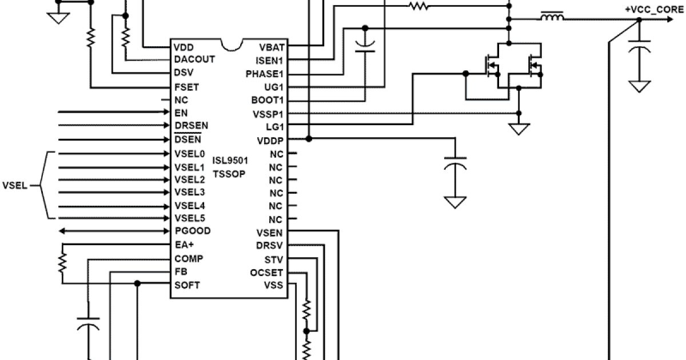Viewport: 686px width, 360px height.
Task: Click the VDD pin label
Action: (184, 47)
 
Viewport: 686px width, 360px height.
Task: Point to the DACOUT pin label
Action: (194, 59)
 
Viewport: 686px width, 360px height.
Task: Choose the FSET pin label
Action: (186, 87)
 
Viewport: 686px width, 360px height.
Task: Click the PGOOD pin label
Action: (192, 231)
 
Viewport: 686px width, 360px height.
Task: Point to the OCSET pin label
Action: (266, 273)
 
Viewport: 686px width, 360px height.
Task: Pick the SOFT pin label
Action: (187, 285)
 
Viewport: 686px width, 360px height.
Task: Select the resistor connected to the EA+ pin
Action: (62, 263)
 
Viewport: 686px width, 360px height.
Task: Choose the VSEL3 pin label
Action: (189, 192)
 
